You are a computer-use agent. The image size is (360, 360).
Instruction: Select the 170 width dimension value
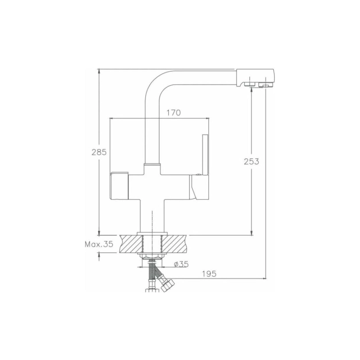click(x=174, y=113)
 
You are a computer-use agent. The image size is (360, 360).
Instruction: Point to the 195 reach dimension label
click(x=210, y=273)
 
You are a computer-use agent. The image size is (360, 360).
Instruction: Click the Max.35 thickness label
click(x=99, y=245)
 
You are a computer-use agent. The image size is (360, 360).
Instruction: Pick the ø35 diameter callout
click(x=180, y=265)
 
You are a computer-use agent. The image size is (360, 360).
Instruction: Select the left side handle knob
click(x=119, y=185)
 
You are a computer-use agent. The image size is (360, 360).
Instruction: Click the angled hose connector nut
click(x=166, y=283)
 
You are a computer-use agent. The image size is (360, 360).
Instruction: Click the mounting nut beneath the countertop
click(x=153, y=256)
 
